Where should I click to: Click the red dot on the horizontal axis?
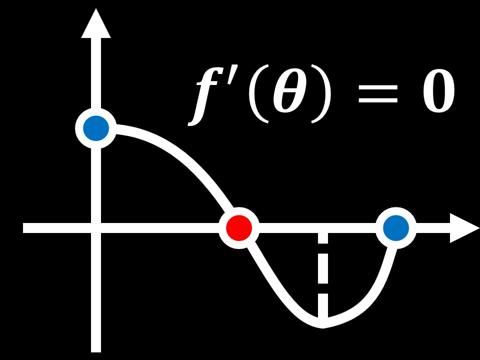(239, 228)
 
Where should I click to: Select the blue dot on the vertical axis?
(96, 128)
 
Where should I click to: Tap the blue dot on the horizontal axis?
(396, 228)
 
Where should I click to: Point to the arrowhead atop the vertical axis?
(96, 25)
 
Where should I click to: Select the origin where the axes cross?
(96, 228)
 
